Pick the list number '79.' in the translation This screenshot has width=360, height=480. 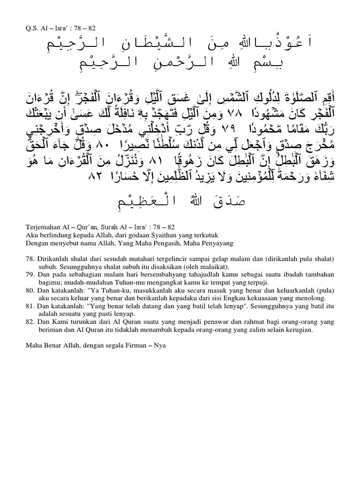(30, 275)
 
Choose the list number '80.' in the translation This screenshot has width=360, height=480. (30, 291)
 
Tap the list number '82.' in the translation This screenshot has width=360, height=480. (30, 322)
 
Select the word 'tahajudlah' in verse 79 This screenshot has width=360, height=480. (176, 275)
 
